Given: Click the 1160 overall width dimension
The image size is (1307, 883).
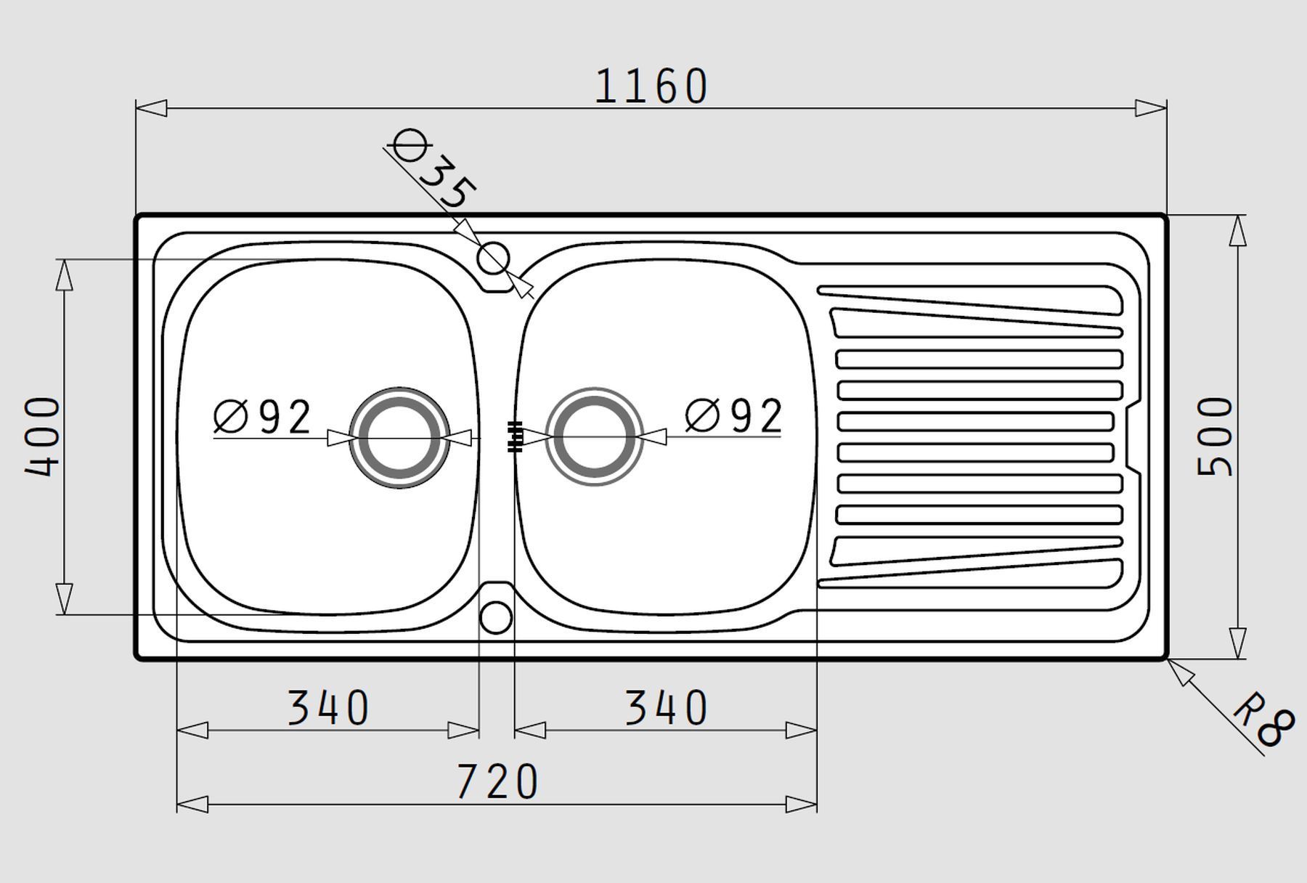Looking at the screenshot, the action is pos(651,86).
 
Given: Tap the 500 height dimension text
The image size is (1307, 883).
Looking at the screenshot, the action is pos(1214,436).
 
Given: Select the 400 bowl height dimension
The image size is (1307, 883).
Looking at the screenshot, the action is pos(42,436).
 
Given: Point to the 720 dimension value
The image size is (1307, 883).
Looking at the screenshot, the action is pos(497,781).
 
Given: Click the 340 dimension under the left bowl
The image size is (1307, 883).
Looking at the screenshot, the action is pos(329,708).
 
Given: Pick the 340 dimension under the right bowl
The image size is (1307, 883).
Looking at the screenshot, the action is pos(667,708).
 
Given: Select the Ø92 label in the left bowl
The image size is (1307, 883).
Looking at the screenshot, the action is pos(263,417).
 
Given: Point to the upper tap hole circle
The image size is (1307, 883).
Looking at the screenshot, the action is pos(494,243).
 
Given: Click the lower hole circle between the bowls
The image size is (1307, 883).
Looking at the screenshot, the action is pos(497,603).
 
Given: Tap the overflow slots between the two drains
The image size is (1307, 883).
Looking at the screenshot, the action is pos(515,436).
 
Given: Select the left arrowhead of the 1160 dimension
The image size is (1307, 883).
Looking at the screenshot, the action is pos(151,108).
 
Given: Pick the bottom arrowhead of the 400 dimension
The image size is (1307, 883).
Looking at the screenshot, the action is pos(65,599).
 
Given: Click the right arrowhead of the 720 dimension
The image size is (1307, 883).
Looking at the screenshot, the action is pos(802,805).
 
